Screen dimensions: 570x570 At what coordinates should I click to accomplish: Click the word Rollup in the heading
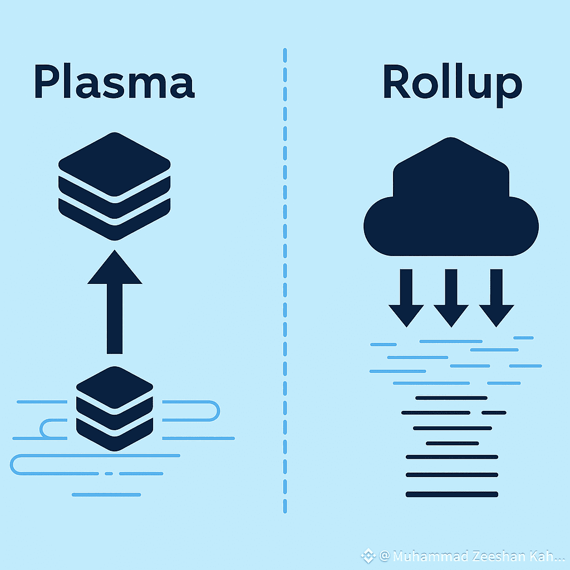click(x=452, y=83)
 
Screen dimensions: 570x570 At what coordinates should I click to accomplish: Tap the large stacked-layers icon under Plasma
click(x=114, y=186)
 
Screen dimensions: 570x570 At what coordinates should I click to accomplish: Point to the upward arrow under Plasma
click(x=114, y=303)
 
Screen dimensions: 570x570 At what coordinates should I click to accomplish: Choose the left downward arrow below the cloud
click(x=406, y=298)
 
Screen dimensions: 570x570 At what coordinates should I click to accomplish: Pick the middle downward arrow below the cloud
click(x=451, y=298)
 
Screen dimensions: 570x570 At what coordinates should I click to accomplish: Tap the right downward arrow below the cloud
click(x=495, y=298)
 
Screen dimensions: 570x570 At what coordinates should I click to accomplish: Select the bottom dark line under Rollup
click(x=451, y=494)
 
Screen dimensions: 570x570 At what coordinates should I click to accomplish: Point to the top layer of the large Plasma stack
click(x=114, y=159)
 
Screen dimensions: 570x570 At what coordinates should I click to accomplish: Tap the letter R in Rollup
click(x=396, y=83)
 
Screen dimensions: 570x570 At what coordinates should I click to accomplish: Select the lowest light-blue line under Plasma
click(x=106, y=494)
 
